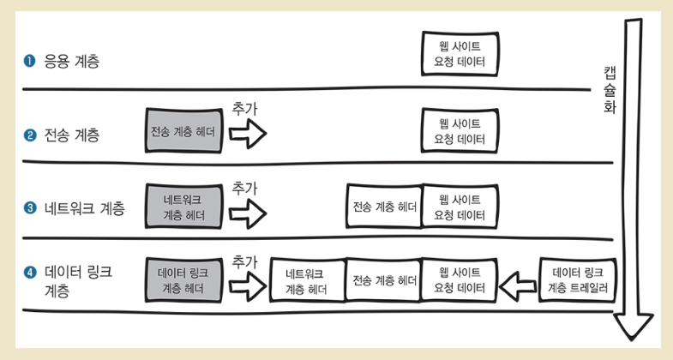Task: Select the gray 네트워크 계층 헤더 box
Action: point(183,207)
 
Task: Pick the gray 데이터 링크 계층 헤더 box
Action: point(183,280)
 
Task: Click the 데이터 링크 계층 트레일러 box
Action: point(577,280)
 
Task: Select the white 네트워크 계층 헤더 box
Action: point(307,280)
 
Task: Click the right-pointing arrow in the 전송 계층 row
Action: point(250,133)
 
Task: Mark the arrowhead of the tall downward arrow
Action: point(634,327)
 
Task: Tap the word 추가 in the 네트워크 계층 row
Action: point(245,186)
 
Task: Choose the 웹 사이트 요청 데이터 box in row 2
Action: point(460,131)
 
